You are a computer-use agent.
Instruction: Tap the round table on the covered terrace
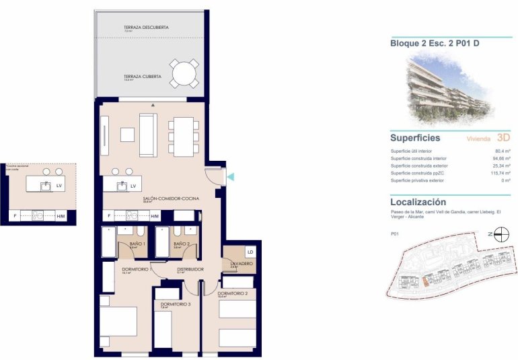tap(184, 73)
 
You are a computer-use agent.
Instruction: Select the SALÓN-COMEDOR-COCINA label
tap(159, 199)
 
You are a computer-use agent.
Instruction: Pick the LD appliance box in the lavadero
tap(250, 252)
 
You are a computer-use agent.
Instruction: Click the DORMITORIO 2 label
tap(237, 293)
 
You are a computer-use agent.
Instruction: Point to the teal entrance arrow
tap(230, 177)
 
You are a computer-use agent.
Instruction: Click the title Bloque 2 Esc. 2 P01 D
tap(435, 43)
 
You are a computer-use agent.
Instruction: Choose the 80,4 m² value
tap(502, 151)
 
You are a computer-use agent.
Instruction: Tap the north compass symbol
tap(501, 234)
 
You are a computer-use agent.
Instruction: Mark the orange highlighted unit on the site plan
tap(426, 283)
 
